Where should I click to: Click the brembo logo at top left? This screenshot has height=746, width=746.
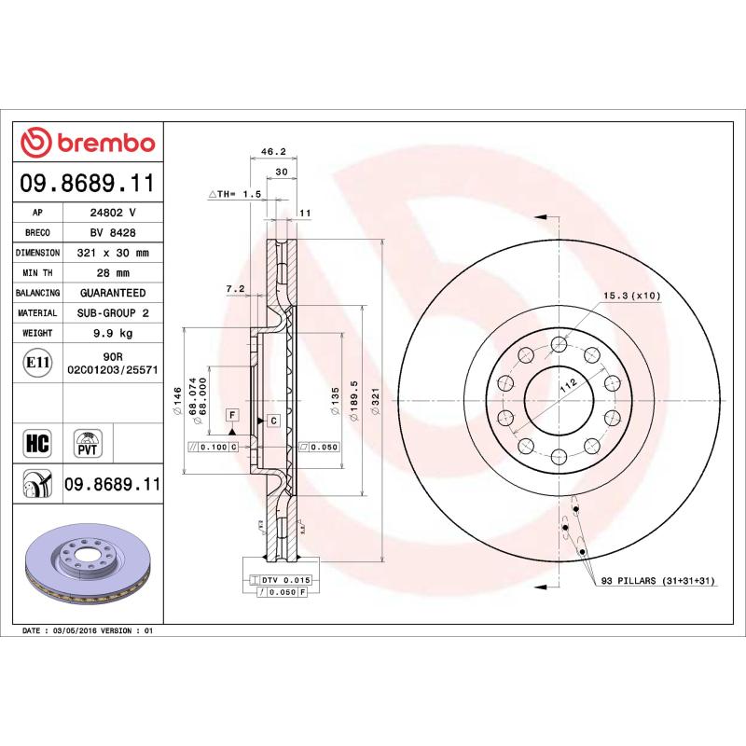click(88, 143)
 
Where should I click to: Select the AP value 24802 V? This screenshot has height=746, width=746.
click(113, 213)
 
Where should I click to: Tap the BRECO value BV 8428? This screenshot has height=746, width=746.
click(113, 233)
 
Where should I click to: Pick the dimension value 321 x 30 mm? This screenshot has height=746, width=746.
click(113, 253)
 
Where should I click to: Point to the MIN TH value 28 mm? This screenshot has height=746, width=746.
click(113, 273)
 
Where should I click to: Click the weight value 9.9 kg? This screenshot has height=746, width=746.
click(113, 333)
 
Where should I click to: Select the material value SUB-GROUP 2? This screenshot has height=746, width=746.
click(113, 313)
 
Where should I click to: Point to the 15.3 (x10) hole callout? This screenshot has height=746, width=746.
click(631, 296)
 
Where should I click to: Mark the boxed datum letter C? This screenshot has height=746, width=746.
click(274, 421)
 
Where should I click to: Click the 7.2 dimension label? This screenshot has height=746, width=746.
click(234, 290)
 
